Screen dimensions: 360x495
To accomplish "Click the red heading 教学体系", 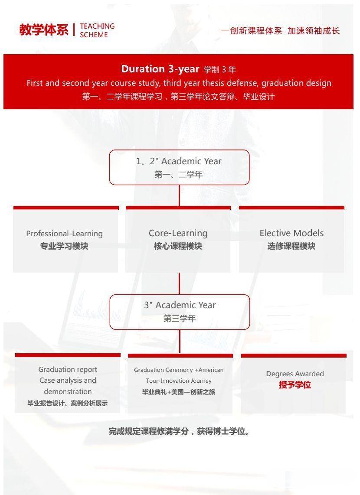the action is (44, 30).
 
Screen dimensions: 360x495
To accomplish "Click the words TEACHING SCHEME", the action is (97, 30).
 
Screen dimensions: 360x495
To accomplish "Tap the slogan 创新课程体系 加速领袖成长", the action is (280, 31).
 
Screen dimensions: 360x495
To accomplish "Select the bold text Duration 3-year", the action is (160, 69).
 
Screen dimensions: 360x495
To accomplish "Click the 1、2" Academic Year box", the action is (180, 167).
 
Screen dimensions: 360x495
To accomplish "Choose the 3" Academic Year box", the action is (180, 312).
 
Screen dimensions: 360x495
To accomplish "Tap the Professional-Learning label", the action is (65, 234).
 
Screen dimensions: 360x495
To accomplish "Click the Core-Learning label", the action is (178, 233).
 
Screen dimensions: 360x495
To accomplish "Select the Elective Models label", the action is (291, 233).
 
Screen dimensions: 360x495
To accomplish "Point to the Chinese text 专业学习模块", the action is (64, 246).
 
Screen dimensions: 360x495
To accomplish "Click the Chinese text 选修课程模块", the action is (291, 246).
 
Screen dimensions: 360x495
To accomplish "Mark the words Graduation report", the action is (68, 369).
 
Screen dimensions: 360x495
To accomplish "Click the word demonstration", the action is (68, 391).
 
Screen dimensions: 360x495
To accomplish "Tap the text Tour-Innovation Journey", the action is (179, 381).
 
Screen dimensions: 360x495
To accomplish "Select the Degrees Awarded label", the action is (295, 374).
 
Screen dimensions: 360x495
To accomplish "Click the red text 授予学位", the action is (295, 385).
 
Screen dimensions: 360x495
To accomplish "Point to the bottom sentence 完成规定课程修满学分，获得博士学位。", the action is (179, 431).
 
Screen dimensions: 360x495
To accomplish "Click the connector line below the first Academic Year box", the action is (180, 195).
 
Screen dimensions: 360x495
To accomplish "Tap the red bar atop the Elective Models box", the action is (291, 208).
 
